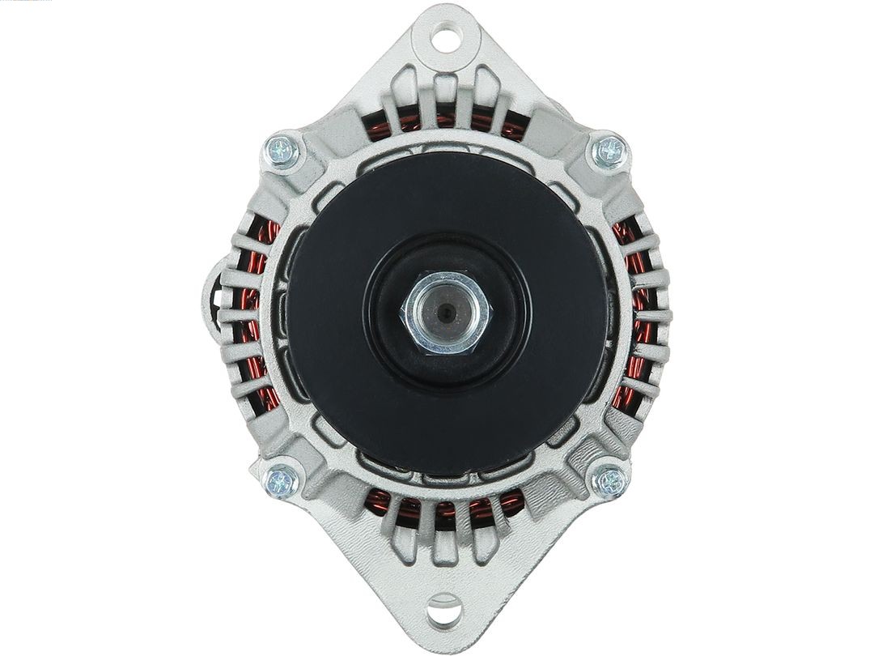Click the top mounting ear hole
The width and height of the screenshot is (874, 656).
click(444, 37)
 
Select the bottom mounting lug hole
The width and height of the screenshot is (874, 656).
click(443, 610)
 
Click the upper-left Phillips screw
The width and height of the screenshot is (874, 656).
click(282, 151)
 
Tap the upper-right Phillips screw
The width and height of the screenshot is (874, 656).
click(609, 151)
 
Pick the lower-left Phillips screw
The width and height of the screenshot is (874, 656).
click(282, 482)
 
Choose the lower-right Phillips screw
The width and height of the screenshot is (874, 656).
click(610, 482)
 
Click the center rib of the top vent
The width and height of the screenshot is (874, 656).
click(445, 101)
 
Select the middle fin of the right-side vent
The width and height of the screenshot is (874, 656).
click(651, 315)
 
